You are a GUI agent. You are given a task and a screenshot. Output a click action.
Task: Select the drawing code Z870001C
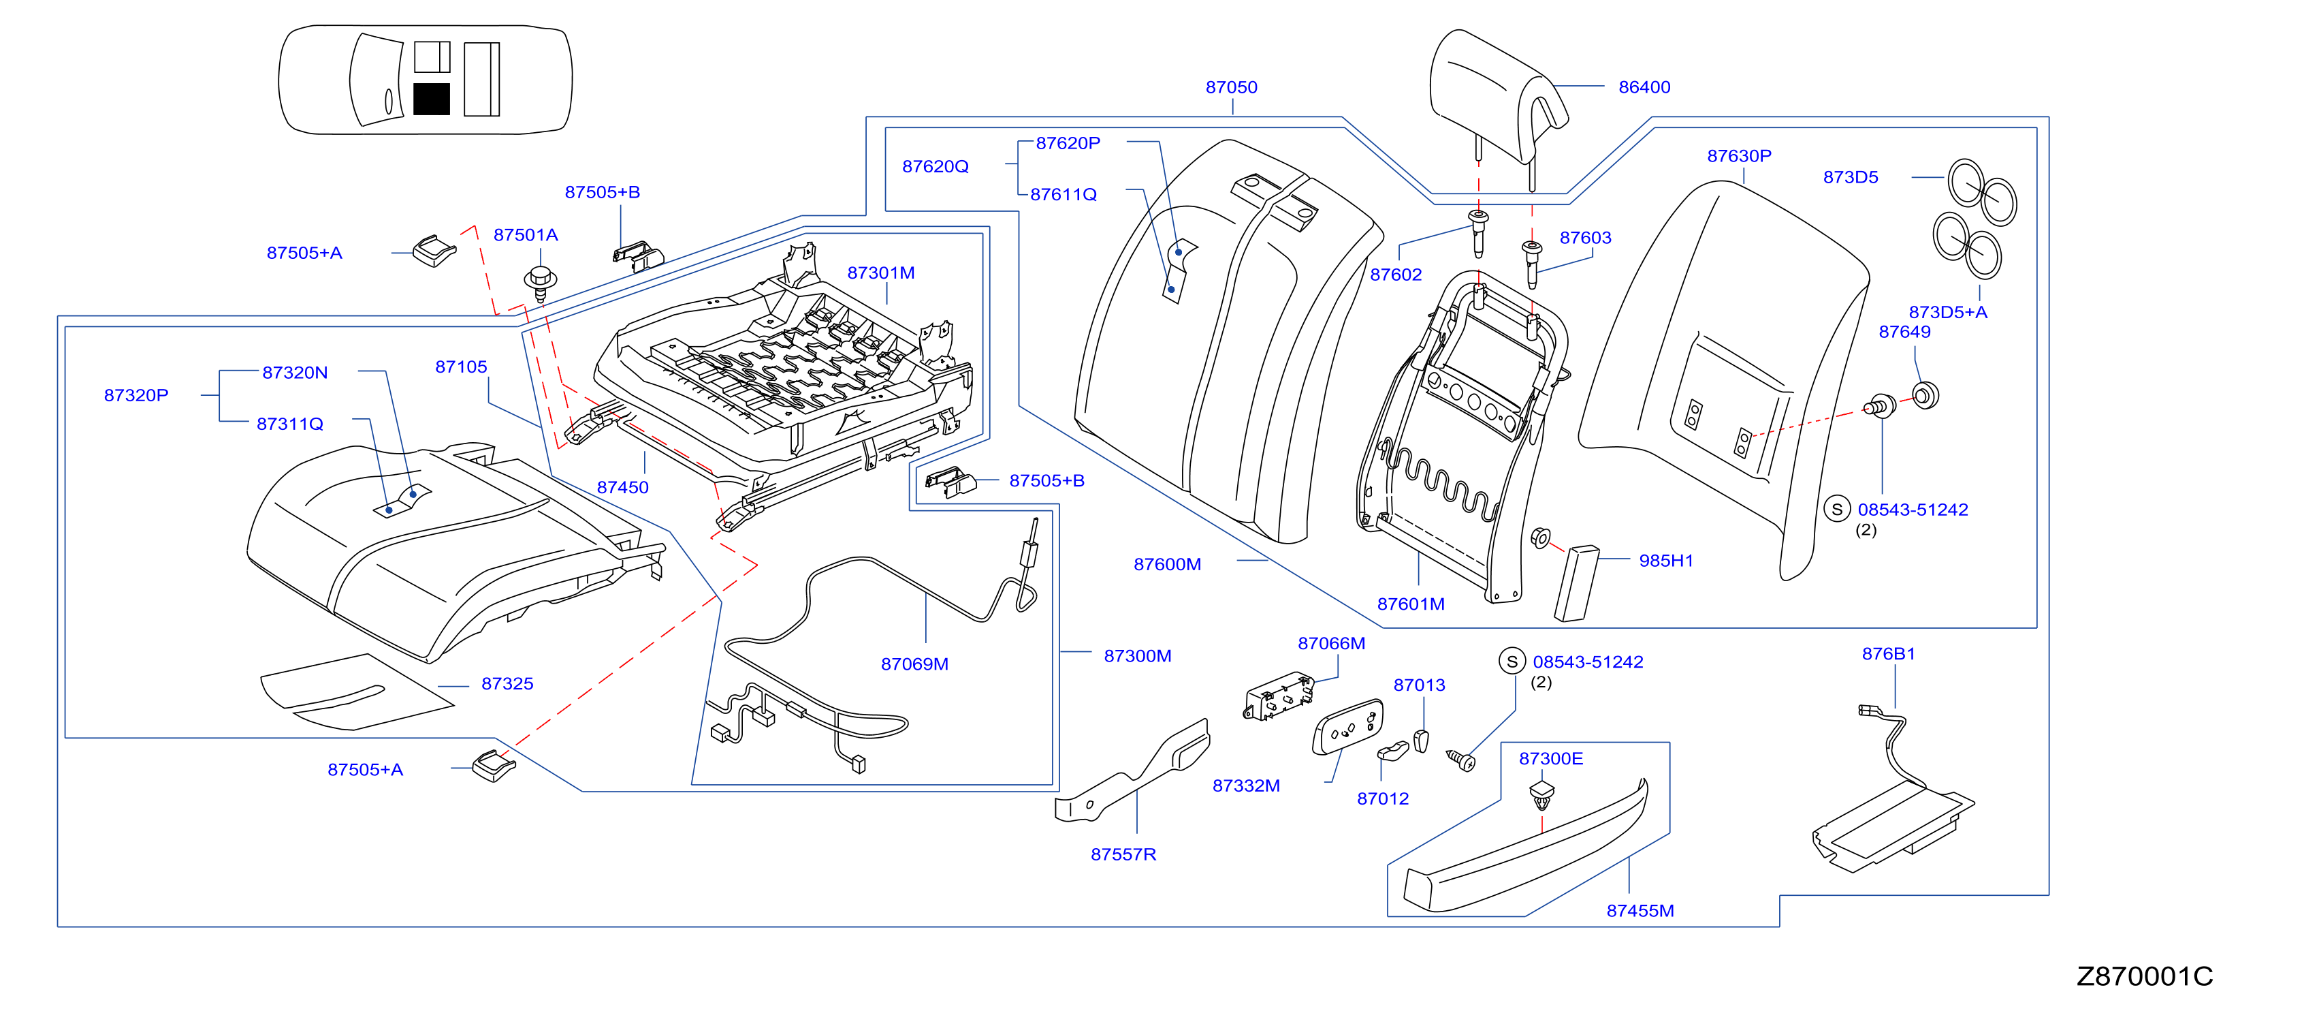click(x=2145, y=976)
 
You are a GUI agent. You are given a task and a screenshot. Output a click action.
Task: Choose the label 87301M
click(x=880, y=273)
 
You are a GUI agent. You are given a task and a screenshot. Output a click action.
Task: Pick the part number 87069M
click(x=914, y=664)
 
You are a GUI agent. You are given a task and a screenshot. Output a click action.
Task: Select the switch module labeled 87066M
click(x=1279, y=696)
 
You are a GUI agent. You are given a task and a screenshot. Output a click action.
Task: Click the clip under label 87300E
click(x=1541, y=794)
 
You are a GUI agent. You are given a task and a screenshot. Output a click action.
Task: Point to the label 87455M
click(x=1640, y=911)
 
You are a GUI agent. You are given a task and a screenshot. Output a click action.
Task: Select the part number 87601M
click(x=1410, y=604)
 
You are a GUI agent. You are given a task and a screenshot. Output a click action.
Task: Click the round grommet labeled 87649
click(x=1925, y=395)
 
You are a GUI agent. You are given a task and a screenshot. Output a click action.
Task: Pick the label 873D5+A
click(x=1947, y=312)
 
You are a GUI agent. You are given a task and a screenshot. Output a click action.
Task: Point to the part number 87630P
click(x=1738, y=155)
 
